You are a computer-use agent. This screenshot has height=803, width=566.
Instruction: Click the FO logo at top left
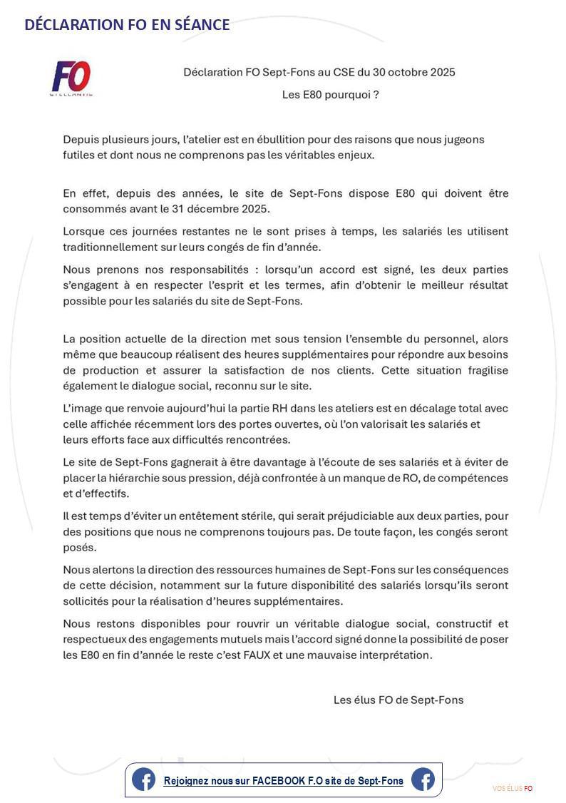tap(71, 78)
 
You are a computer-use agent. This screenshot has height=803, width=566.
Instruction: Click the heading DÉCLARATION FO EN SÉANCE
tap(127, 25)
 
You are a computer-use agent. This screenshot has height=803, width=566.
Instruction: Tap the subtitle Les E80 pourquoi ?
tap(330, 94)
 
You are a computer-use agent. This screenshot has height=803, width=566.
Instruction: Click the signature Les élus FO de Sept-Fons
tap(398, 700)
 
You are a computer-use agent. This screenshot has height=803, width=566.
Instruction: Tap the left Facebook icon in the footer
tap(143, 779)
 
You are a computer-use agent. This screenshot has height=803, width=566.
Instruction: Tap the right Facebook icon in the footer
tap(423, 779)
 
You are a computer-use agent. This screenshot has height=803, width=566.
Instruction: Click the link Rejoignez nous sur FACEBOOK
tap(283, 781)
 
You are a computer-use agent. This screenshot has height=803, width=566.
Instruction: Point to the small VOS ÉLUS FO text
tap(513, 788)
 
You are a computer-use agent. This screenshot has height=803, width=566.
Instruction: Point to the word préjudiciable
tap(371, 516)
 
